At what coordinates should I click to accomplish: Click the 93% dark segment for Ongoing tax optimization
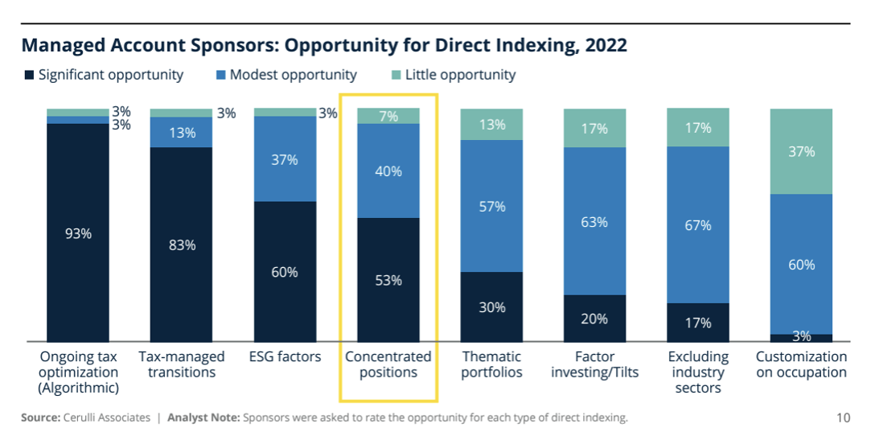point(78,233)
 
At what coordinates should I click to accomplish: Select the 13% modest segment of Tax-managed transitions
point(182,133)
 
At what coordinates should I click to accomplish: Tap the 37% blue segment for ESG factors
point(285,159)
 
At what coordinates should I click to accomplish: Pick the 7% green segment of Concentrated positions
point(388,116)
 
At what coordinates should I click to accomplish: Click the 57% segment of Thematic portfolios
point(491,206)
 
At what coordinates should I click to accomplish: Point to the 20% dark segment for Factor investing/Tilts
point(594,318)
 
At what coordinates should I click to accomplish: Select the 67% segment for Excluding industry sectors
point(698,224)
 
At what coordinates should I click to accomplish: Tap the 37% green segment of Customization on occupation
point(801,151)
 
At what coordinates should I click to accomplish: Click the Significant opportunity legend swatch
point(29,76)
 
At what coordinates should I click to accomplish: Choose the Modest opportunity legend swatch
point(221,76)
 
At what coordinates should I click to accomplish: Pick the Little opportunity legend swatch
point(396,76)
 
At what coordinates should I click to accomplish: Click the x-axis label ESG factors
point(285,356)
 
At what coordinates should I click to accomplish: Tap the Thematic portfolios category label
point(491,364)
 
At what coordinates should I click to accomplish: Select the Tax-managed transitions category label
point(182,364)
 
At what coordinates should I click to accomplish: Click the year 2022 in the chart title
point(605,45)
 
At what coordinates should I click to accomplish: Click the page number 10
point(843,417)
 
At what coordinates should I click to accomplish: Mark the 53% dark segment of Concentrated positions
point(388,280)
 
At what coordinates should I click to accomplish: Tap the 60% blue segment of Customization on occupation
point(801,264)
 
